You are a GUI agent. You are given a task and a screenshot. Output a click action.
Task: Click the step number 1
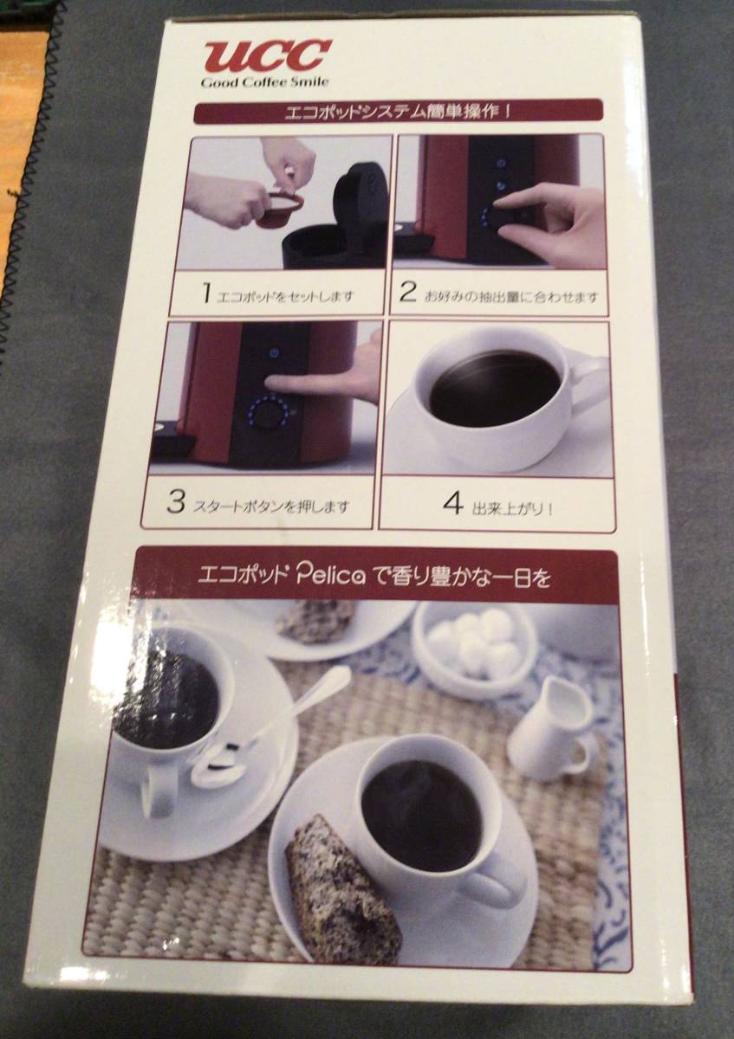pyautogui.click(x=207, y=294)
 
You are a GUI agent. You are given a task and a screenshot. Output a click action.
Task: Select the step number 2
pyautogui.click(x=407, y=294)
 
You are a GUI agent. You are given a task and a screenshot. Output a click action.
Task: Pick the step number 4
pyautogui.click(x=453, y=504)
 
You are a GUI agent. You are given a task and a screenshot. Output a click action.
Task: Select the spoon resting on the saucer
pyautogui.click(x=270, y=729)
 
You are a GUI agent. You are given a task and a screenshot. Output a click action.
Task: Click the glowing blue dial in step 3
pyautogui.click(x=266, y=412)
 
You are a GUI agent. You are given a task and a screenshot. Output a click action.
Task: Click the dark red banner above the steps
pyautogui.click(x=398, y=112)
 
